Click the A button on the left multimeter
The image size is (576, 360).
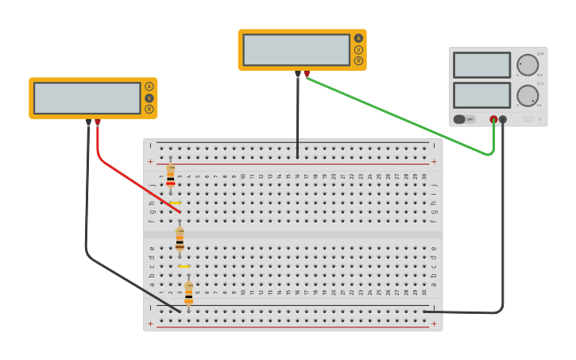(x=149, y=87)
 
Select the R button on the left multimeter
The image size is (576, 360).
(x=149, y=109)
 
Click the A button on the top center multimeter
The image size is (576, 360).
(x=358, y=38)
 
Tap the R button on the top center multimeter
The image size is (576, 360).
(x=358, y=60)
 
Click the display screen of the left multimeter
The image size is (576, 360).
(x=87, y=98)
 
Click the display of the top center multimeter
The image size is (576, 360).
(x=296, y=49)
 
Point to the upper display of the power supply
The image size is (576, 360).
(x=481, y=65)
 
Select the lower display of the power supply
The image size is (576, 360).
(x=481, y=95)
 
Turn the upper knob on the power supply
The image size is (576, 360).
(x=527, y=65)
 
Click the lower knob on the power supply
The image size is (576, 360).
(x=527, y=95)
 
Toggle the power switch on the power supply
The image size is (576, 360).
(x=464, y=119)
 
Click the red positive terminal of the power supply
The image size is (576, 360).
(x=493, y=119)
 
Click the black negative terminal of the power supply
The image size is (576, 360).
(x=503, y=119)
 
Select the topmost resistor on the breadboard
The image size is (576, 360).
(x=170, y=176)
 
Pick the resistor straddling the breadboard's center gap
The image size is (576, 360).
(x=180, y=238)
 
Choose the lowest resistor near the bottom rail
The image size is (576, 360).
(x=188, y=292)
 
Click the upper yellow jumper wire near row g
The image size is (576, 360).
(x=175, y=203)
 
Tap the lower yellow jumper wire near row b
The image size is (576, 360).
(x=184, y=266)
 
